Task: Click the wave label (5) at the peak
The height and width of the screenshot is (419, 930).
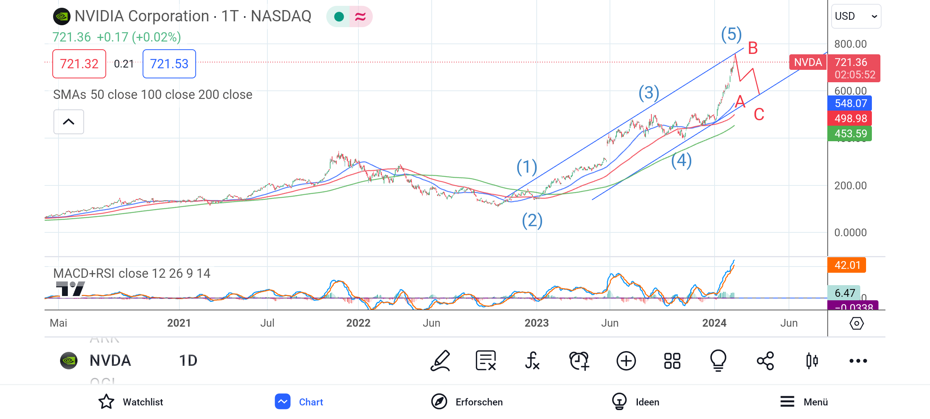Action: tap(731, 35)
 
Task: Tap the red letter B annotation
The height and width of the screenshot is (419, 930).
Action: tap(753, 48)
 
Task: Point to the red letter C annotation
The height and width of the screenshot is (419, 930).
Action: tap(759, 114)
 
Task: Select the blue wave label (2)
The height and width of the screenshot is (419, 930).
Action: tap(532, 221)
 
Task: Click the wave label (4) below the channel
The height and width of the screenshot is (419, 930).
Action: tap(681, 161)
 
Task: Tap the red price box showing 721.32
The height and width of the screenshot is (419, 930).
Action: tap(79, 64)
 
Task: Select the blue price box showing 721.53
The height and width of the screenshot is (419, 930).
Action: tap(169, 64)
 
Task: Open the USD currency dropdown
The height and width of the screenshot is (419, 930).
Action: tap(856, 16)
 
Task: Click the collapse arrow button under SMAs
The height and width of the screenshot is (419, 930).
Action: tap(69, 122)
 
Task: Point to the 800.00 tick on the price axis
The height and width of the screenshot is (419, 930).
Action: tap(850, 44)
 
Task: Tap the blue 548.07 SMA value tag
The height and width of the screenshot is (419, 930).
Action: tap(850, 103)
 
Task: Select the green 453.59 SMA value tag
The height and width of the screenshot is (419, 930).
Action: tap(850, 133)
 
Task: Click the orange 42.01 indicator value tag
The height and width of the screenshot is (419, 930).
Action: tap(847, 265)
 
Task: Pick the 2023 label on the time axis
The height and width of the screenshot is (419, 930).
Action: tap(536, 323)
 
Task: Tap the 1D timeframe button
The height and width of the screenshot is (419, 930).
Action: tap(188, 361)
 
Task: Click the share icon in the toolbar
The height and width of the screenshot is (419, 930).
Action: tap(765, 361)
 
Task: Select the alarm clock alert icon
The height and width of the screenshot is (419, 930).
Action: tap(579, 361)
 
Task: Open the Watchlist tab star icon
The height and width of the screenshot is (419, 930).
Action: tap(106, 402)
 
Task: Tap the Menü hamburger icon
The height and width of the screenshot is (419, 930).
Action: tap(787, 402)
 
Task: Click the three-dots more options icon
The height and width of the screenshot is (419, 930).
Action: tap(858, 361)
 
